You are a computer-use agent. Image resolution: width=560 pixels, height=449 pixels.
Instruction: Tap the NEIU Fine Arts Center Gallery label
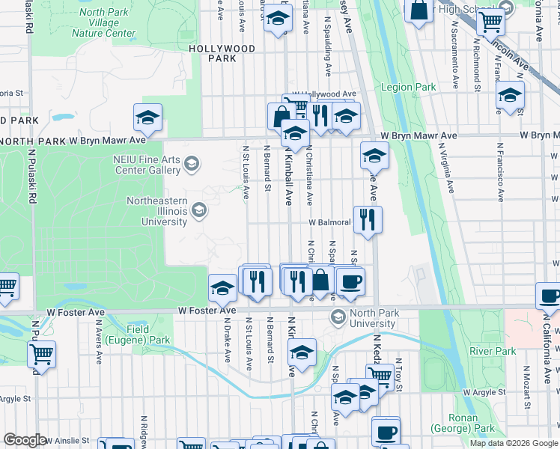146,164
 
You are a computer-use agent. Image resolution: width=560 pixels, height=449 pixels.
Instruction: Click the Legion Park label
408,88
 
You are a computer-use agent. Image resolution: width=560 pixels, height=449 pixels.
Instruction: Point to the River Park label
493,351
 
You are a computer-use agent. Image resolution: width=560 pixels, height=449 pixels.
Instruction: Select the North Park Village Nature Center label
103,23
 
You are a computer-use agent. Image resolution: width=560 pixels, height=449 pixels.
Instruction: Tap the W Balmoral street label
327,223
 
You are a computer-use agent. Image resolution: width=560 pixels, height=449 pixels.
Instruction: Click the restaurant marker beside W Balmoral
368,219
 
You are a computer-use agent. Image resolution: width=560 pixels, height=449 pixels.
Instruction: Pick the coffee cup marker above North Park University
350,281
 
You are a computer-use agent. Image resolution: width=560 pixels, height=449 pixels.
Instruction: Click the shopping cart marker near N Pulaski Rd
42,352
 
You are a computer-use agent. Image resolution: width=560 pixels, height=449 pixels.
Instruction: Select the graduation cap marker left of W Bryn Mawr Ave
148,117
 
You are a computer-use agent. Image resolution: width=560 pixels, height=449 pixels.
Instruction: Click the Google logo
25,440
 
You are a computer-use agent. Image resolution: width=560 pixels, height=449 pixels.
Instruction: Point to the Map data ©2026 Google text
514,443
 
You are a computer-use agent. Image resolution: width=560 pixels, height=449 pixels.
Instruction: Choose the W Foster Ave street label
207,310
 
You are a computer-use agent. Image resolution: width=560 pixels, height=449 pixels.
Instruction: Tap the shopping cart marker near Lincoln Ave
490,22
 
